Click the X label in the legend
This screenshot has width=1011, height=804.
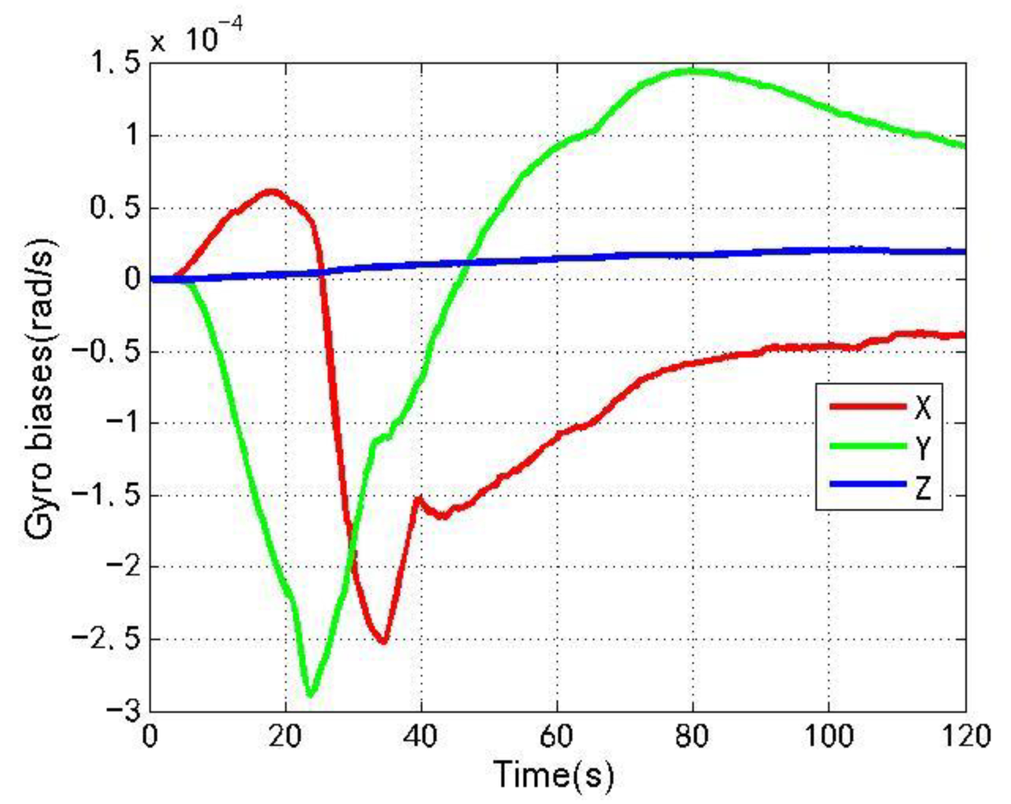tap(922, 407)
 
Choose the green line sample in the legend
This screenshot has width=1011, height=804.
tap(867, 446)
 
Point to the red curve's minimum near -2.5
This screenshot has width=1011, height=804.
tap(384, 642)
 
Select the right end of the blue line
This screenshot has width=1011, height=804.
tap(964, 252)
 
